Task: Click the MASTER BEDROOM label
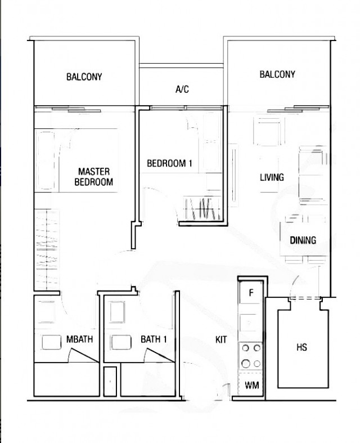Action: [94, 177]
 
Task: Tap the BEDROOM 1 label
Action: [169, 164]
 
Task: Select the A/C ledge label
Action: [182, 89]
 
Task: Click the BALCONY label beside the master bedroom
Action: [84, 77]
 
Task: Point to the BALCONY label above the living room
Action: [277, 74]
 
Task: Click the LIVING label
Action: [272, 177]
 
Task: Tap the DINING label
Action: [303, 240]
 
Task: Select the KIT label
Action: [221, 339]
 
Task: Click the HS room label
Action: [301, 347]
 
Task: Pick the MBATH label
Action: [79, 339]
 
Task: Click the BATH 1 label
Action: [154, 339]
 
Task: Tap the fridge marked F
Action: [250, 293]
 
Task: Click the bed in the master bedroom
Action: [76, 161]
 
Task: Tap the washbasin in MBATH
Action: [51, 342]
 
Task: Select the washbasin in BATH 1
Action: [120, 342]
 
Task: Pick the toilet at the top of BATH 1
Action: [119, 311]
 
